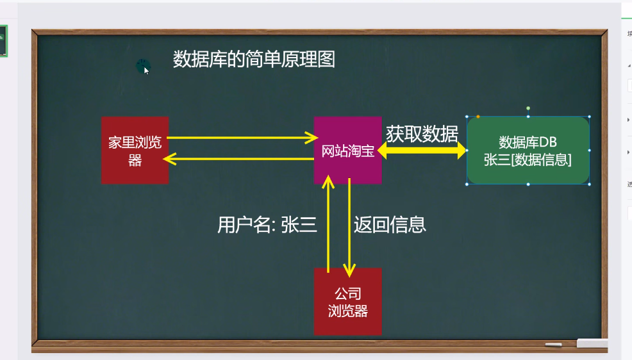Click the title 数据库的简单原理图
pos(254,60)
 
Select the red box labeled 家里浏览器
pos(135,151)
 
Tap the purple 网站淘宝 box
pos(347,151)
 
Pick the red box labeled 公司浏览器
pos(347,302)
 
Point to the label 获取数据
pos(422,134)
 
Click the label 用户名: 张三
pos(267,225)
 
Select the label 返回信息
pos(390,225)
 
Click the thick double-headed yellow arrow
pos(422,151)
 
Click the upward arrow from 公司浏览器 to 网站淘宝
pos(328,224)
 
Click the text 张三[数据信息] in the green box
pos(528,160)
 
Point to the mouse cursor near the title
pos(146,69)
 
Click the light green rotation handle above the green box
pos(528,108)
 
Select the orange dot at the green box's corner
pos(478,117)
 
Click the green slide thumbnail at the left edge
pos(3,41)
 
